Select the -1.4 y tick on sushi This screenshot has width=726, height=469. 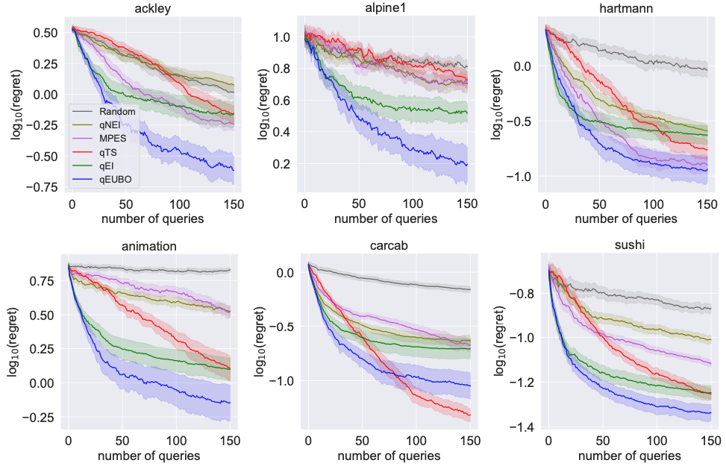coord(525,427)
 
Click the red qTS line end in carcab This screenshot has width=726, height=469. coord(470,415)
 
